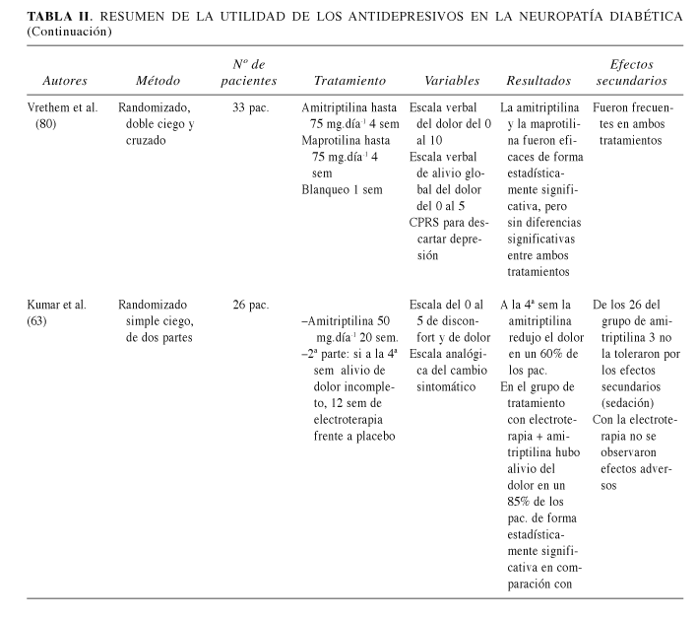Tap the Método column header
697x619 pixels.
click(x=160, y=81)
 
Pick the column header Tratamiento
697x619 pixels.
click(x=349, y=81)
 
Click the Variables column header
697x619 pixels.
click(x=452, y=81)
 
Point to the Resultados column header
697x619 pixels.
click(x=539, y=81)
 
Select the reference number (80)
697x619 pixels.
click(x=45, y=123)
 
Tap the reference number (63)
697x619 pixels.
click(x=45, y=320)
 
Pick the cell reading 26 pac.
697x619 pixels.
click(x=252, y=305)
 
